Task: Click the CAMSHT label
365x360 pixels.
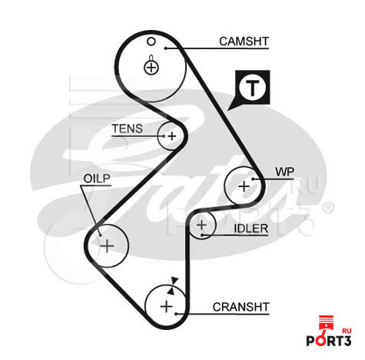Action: tap(244, 42)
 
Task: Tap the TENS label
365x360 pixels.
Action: tap(128, 128)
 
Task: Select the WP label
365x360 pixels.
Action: tap(285, 172)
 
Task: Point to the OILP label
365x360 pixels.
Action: tap(97, 178)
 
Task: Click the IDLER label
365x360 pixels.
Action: tap(251, 228)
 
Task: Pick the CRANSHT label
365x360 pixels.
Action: tap(241, 307)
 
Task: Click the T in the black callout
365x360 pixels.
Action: tap(253, 88)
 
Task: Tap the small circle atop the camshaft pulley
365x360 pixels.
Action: tap(151, 42)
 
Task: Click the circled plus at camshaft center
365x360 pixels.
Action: tap(151, 68)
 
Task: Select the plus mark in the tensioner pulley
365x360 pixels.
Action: tap(172, 136)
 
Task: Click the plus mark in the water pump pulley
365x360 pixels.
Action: tap(244, 186)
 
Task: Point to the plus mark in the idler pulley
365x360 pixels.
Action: tap(201, 225)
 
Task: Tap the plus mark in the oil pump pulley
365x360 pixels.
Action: tap(107, 246)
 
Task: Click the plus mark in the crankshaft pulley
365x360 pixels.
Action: tap(167, 306)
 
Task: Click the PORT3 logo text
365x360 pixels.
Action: tap(329, 341)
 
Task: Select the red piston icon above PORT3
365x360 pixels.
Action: tap(325, 325)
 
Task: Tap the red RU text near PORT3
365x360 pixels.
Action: tap(347, 331)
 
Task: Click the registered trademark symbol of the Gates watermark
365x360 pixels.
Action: tap(327, 208)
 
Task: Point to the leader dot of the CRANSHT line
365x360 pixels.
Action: tap(176, 314)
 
